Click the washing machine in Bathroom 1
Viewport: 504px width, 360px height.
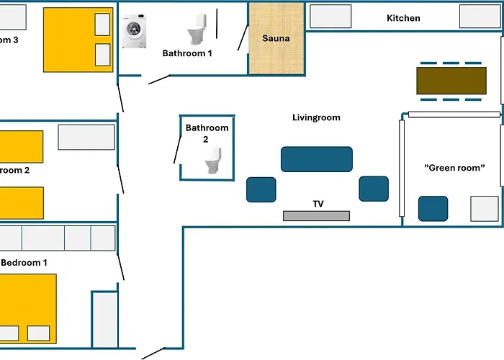click(134, 33)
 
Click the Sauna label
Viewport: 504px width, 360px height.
click(276, 38)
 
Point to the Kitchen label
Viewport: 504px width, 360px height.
click(403, 18)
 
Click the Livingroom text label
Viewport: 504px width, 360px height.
click(316, 117)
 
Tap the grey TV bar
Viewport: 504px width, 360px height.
click(316, 216)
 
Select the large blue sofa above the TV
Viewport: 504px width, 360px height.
click(316, 159)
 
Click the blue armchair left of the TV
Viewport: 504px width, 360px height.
click(261, 189)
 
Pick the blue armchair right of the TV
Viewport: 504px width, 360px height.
click(374, 189)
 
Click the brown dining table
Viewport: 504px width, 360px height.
click(451, 81)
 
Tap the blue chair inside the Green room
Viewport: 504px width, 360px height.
click(433, 208)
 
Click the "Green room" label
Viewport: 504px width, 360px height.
click(454, 168)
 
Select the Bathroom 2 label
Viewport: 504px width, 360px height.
click(207, 133)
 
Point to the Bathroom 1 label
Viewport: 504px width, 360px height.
click(188, 53)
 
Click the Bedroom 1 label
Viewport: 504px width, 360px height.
click(24, 263)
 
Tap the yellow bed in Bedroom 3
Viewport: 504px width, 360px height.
click(78, 40)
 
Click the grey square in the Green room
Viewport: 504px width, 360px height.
click(484, 208)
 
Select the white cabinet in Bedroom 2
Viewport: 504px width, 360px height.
click(86, 138)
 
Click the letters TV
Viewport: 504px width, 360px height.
click(318, 204)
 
